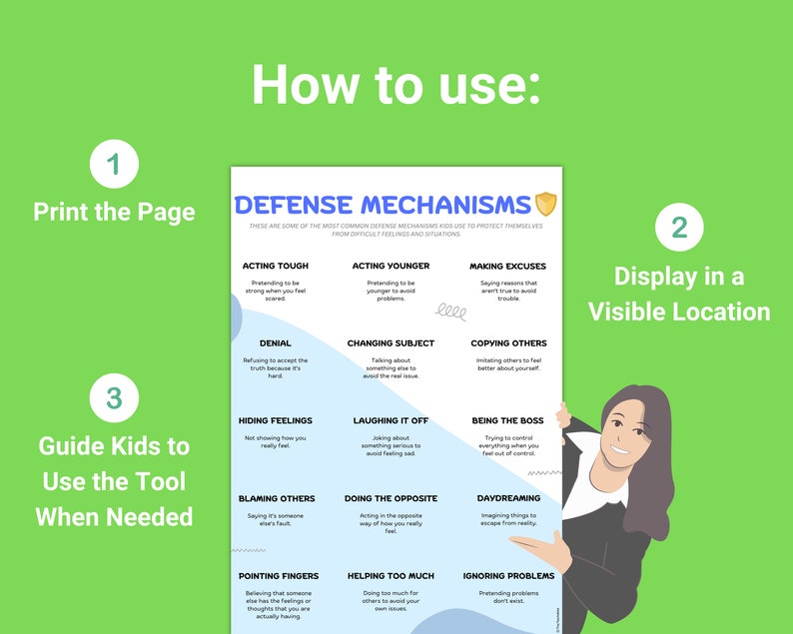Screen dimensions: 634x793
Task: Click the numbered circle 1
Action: [x=114, y=165]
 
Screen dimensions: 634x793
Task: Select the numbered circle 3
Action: [x=114, y=398]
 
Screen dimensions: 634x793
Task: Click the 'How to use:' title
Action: [x=396, y=84]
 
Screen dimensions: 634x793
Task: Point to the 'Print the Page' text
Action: [x=114, y=212]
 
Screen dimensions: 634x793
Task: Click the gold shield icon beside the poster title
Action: [x=545, y=205]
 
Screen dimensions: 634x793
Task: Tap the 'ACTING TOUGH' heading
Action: [x=275, y=267]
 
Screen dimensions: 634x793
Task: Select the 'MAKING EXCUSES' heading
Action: [x=507, y=267]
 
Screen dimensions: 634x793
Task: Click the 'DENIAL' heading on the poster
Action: [x=275, y=343]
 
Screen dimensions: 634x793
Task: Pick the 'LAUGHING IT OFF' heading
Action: [x=391, y=421]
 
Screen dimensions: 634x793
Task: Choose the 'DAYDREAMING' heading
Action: [x=507, y=498]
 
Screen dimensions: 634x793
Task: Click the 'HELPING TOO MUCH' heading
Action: [x=391, y=576]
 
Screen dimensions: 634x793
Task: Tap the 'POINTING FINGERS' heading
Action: [x=278, y=576]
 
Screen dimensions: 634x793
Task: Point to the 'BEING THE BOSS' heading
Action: [x=507, y=421]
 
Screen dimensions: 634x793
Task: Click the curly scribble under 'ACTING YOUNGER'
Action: [x=451, y=313]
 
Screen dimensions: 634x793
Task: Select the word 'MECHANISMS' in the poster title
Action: [x=445, y=206]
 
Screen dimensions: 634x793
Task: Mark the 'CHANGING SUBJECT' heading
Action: [x=391, y=343]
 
